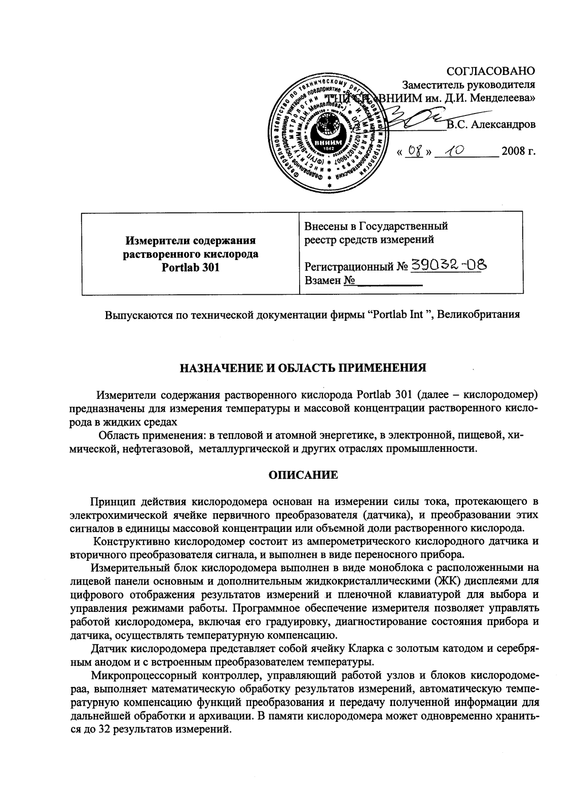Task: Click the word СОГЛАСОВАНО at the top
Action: click(490, 70)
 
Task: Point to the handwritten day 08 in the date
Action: click(415, 151)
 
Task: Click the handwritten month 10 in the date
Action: click(455, 151)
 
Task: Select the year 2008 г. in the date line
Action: click(518, 151)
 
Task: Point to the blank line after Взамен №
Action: click(389, 281)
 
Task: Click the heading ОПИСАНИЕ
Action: click(302, 475)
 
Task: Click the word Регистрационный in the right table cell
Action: click(348, 266)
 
